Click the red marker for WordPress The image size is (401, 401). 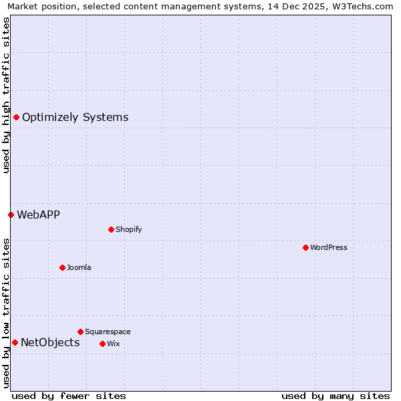pos(305,247)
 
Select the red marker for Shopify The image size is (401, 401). pos(111,229)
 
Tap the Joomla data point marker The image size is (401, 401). pos(62,267)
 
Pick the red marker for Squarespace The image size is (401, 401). pos(80,331)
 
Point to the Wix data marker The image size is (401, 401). pos(102,344)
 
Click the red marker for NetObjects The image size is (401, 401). pos(15,343)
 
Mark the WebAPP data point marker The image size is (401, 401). pos(11,215)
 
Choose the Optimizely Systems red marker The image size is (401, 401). pos(16,118)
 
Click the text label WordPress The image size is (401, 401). pos(329,247)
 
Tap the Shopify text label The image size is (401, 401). pos(129,229)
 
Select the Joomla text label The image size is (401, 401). pos(79,267)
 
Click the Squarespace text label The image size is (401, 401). pos(108,331)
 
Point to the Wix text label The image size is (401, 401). pos(113,344)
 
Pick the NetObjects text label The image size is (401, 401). pos(50,343)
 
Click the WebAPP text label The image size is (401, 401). pos(38,215)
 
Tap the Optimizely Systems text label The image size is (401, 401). pos(75,118)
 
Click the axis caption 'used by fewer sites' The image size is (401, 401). pos(69,396)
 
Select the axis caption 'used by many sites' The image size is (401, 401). pos(336,396)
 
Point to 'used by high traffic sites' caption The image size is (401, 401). pos(6,95)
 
